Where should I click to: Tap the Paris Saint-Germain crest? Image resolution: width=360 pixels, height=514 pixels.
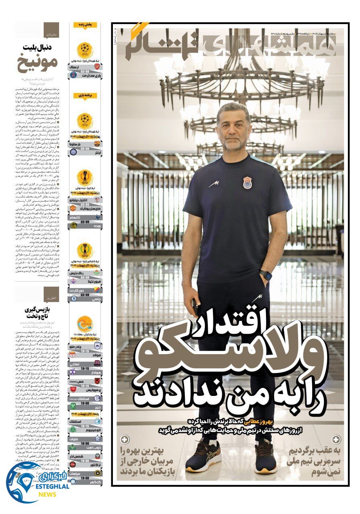coord(73,75)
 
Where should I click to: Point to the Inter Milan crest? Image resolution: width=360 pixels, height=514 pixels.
coord(73,152)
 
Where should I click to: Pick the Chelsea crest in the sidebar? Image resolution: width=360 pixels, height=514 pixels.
coord(73,298)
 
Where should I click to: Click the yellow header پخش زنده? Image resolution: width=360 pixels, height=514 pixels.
coord(85,25)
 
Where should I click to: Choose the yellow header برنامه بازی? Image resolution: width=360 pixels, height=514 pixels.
coord(85,96)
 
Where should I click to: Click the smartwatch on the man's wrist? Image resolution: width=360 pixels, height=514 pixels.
coord(265,275)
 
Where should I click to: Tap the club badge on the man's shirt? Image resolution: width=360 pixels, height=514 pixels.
coord(247,183)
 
